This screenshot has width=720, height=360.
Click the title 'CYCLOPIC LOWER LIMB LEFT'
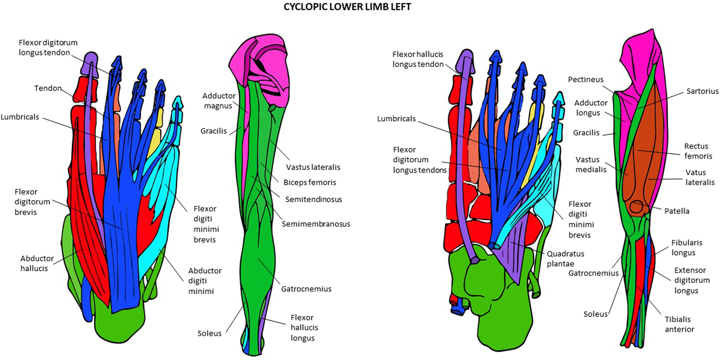pyautogui.click(x=347, y=7)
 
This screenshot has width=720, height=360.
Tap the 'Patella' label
pyautogui.click(x=676, y=211)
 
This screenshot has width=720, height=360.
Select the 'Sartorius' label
pyautogui.click(x=702, y=91)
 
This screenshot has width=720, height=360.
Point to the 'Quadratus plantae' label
pyautogui.click(x=565, y=259)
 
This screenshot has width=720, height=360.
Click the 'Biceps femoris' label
pyautogui.click(x=310, y=183)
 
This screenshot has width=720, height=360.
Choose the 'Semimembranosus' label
pyautogui.click(x=316, y=224)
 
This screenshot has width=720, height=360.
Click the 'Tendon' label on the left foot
pyautogui.click(x=48, y=88)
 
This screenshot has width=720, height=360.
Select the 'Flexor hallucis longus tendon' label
pyautogui.click(x=417, y=59)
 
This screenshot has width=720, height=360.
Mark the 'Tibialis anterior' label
pyautogui.click(x=679, y=324)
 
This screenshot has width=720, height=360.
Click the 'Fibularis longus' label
pyautogui.click(x=686, y=247)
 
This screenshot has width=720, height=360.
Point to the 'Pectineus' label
pyautogui.click(x=585, y=80)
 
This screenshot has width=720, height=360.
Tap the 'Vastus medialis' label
pyautogui.click(x=590, y=164)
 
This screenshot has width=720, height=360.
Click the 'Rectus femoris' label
pyautogui.click(x=698, y=151)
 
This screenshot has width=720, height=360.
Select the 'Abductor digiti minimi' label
pyautogui.click(x=204, y=280)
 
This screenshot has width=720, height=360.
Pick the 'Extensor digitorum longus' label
pyautogui.click(x=691, y=280)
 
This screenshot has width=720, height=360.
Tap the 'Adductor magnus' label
pyautogui.click(x=218, y=100)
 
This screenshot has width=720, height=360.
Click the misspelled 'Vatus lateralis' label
pyautogui.click(x=699, y=177)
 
